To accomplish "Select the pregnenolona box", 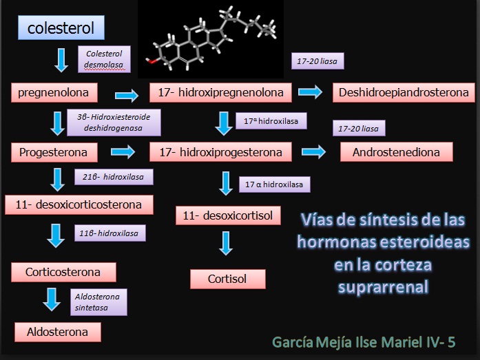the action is click(54, 92).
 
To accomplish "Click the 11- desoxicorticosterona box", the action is click(79, 204).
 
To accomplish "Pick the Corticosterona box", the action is click(63, 271).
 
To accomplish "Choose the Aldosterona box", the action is click(57, 332).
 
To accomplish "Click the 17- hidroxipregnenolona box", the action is click(221, 92).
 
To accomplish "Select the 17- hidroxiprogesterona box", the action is click(221, 151).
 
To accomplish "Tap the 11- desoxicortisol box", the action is click(228, 215).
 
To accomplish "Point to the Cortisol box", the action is click(227, 279).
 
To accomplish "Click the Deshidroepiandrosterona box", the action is click(404, 92).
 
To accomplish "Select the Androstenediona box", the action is click(396, 151).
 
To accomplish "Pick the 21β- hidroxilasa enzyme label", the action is click(113, 177).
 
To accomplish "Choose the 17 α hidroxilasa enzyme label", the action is click(274, 184).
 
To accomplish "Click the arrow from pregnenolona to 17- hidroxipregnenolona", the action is click(126, 93).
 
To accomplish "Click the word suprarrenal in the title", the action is click(384, 285).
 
